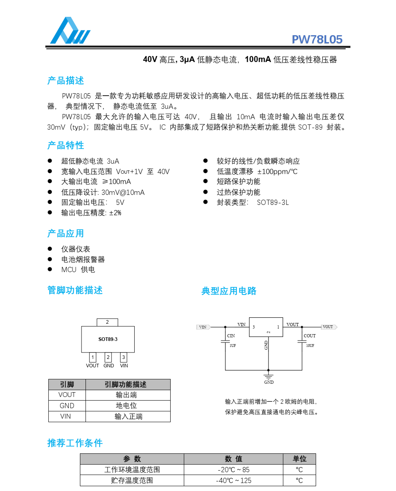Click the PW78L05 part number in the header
pos(317,39)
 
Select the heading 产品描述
pos(66,80)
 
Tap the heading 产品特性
pos(66,145)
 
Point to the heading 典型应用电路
pos(229,291)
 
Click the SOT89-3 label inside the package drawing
pos(108,339)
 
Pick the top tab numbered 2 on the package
pos(107,322)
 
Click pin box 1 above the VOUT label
pos(92,357)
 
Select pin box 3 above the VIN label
pos(124,357)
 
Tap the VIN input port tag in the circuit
pos(203,327)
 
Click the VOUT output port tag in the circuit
pos(328,327)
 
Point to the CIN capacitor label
pos(231,336)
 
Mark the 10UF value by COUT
pos(310,345)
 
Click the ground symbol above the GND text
pos(269,376)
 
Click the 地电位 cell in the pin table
pos(128,406)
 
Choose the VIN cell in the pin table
pos(67,417)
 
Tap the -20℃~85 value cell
pos(233,470)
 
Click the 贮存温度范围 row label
pos(132,481)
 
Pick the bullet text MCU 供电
pos(78,270)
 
